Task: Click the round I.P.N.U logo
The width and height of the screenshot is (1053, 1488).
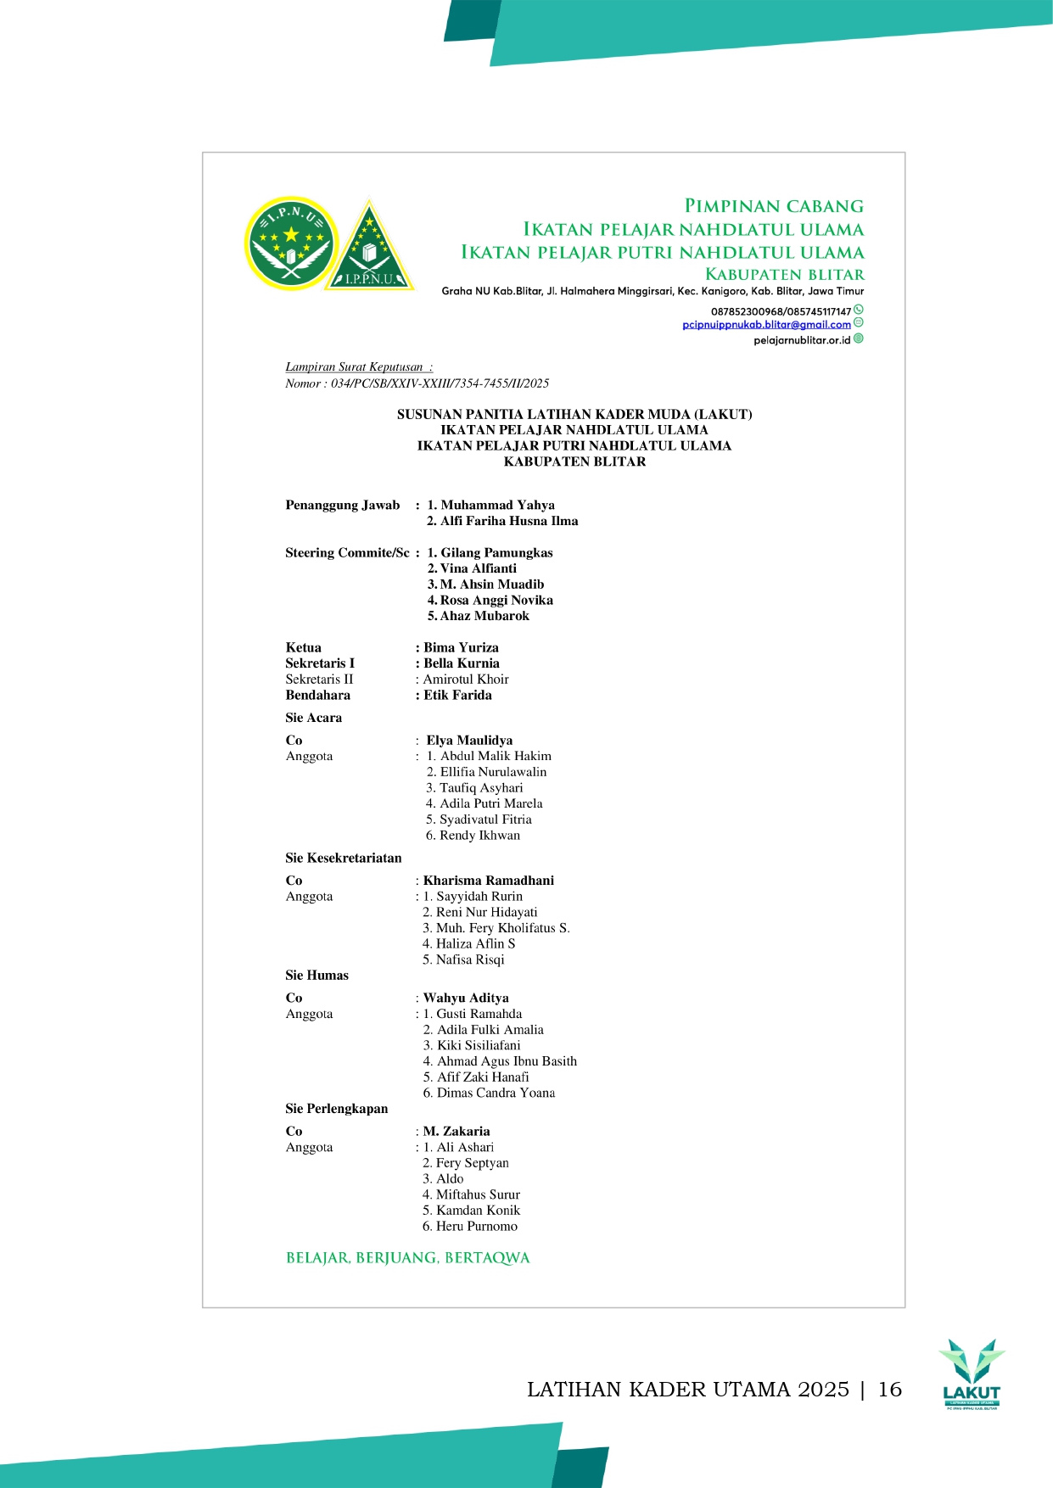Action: [291, 243]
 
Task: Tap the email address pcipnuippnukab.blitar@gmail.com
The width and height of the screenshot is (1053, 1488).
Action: [766, 324]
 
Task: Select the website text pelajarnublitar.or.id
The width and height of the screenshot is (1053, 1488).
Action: [801, 340]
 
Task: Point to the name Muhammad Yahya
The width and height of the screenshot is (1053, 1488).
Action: [497, 505]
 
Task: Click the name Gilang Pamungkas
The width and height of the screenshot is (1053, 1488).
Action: [496, 552]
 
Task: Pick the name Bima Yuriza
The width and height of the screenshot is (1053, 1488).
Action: [461, 647]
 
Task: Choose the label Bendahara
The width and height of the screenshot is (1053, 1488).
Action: [317, 695]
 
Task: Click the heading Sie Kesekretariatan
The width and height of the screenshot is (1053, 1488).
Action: [343, 858]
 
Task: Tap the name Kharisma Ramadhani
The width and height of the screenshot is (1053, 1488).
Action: [488, 881]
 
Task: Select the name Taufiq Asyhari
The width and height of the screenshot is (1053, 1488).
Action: [480, 787]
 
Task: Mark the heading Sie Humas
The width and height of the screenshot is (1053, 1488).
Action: [316, 975]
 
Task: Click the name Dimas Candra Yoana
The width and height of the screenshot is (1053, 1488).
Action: [496, 1093]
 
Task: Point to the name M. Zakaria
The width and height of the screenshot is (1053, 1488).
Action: [456, 1131]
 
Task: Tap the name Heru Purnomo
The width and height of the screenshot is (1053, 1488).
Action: [476, 1226]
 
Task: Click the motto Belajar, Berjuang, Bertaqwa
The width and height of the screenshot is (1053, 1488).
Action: [407, 1257]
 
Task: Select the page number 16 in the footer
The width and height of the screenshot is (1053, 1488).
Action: [889, 1389]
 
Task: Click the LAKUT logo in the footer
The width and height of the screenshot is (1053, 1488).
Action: [972, 1374]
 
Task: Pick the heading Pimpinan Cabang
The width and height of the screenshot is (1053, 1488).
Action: [773, 206]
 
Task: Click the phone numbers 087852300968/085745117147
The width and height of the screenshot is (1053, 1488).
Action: [780, 311]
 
